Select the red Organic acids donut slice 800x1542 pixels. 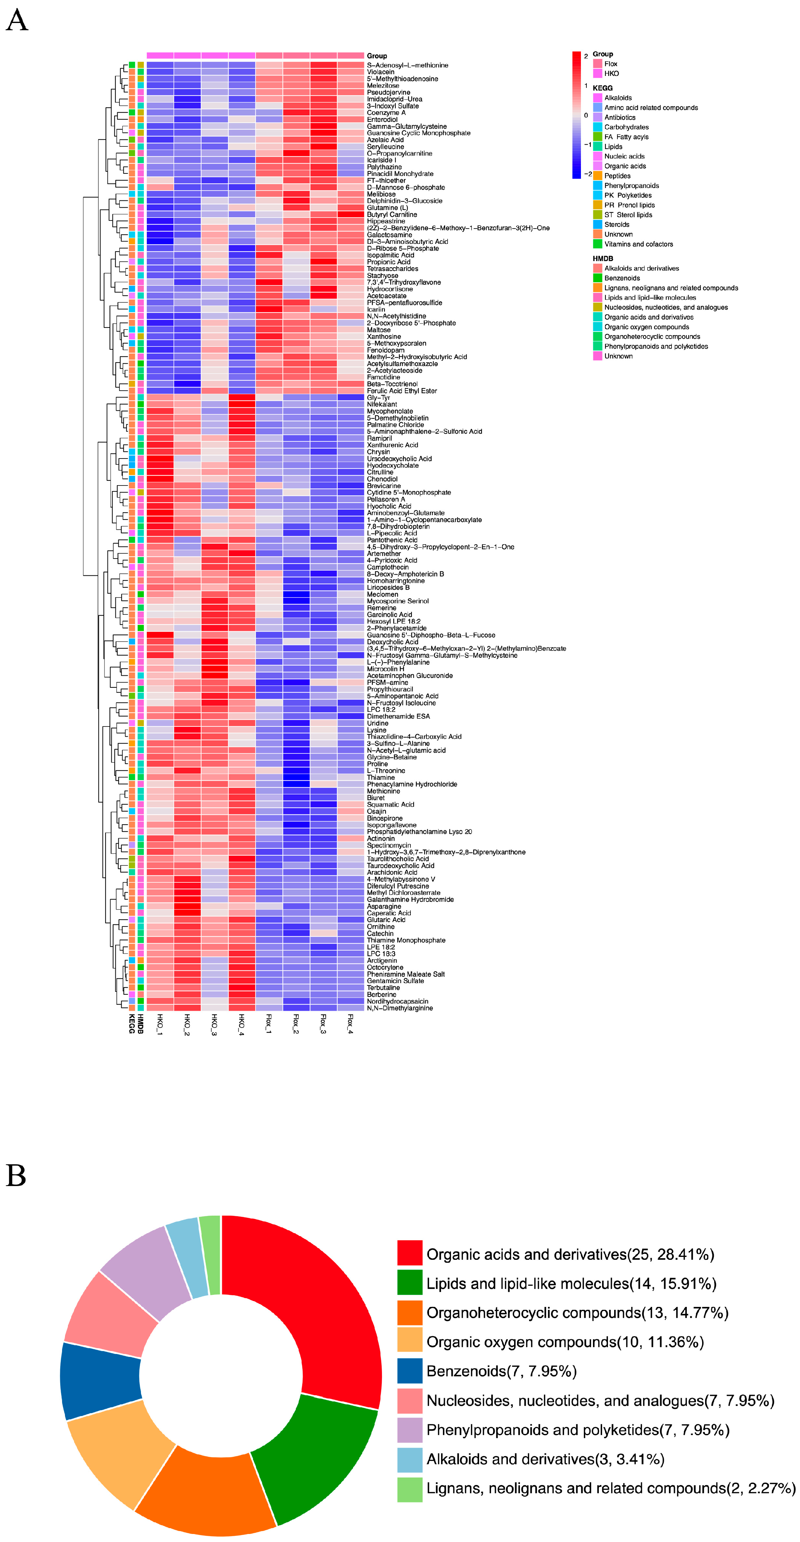click(317, 1299)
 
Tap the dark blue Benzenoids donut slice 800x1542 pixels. click(99, 1380)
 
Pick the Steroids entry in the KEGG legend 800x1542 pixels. click(616, 225)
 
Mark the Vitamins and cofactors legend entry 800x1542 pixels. click(638, 244)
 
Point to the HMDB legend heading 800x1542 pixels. click(603, 258)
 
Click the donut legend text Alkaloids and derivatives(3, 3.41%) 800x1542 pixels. click(545, 1459)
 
